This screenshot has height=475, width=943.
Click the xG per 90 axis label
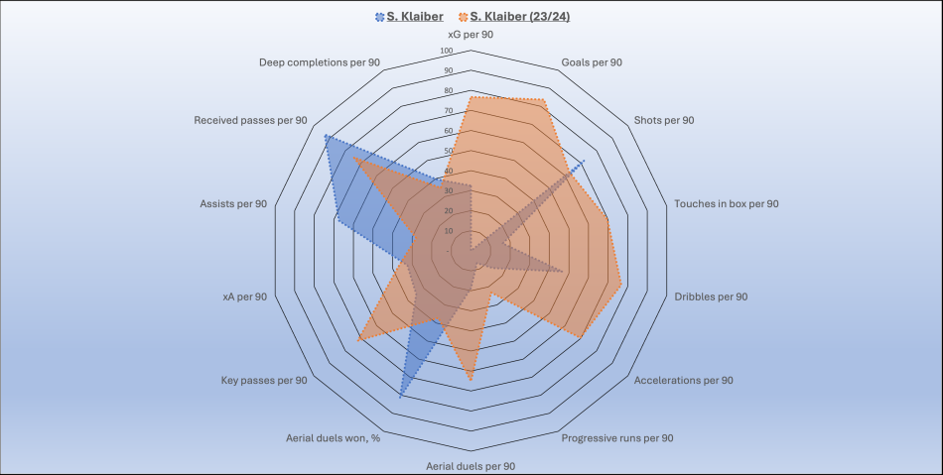point(471,34)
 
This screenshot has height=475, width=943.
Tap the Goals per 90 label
point(592,62)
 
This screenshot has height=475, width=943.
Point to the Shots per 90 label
point(664,120)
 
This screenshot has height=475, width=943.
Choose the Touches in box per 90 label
point(727,203)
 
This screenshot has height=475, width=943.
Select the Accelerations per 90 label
point(683,380)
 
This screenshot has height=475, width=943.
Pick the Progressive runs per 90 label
point(617,437)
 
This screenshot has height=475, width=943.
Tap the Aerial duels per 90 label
point(471,465)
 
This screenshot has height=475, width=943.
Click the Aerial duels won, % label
point(334,437)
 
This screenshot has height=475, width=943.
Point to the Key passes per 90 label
point(263,380)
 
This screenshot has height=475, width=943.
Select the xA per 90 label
point(245,297)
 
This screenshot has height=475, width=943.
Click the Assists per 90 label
point(233,203)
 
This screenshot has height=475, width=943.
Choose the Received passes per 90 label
point(250,120)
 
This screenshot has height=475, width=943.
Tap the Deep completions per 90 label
point(320,62)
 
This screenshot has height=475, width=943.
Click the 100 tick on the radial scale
point(447,52)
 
